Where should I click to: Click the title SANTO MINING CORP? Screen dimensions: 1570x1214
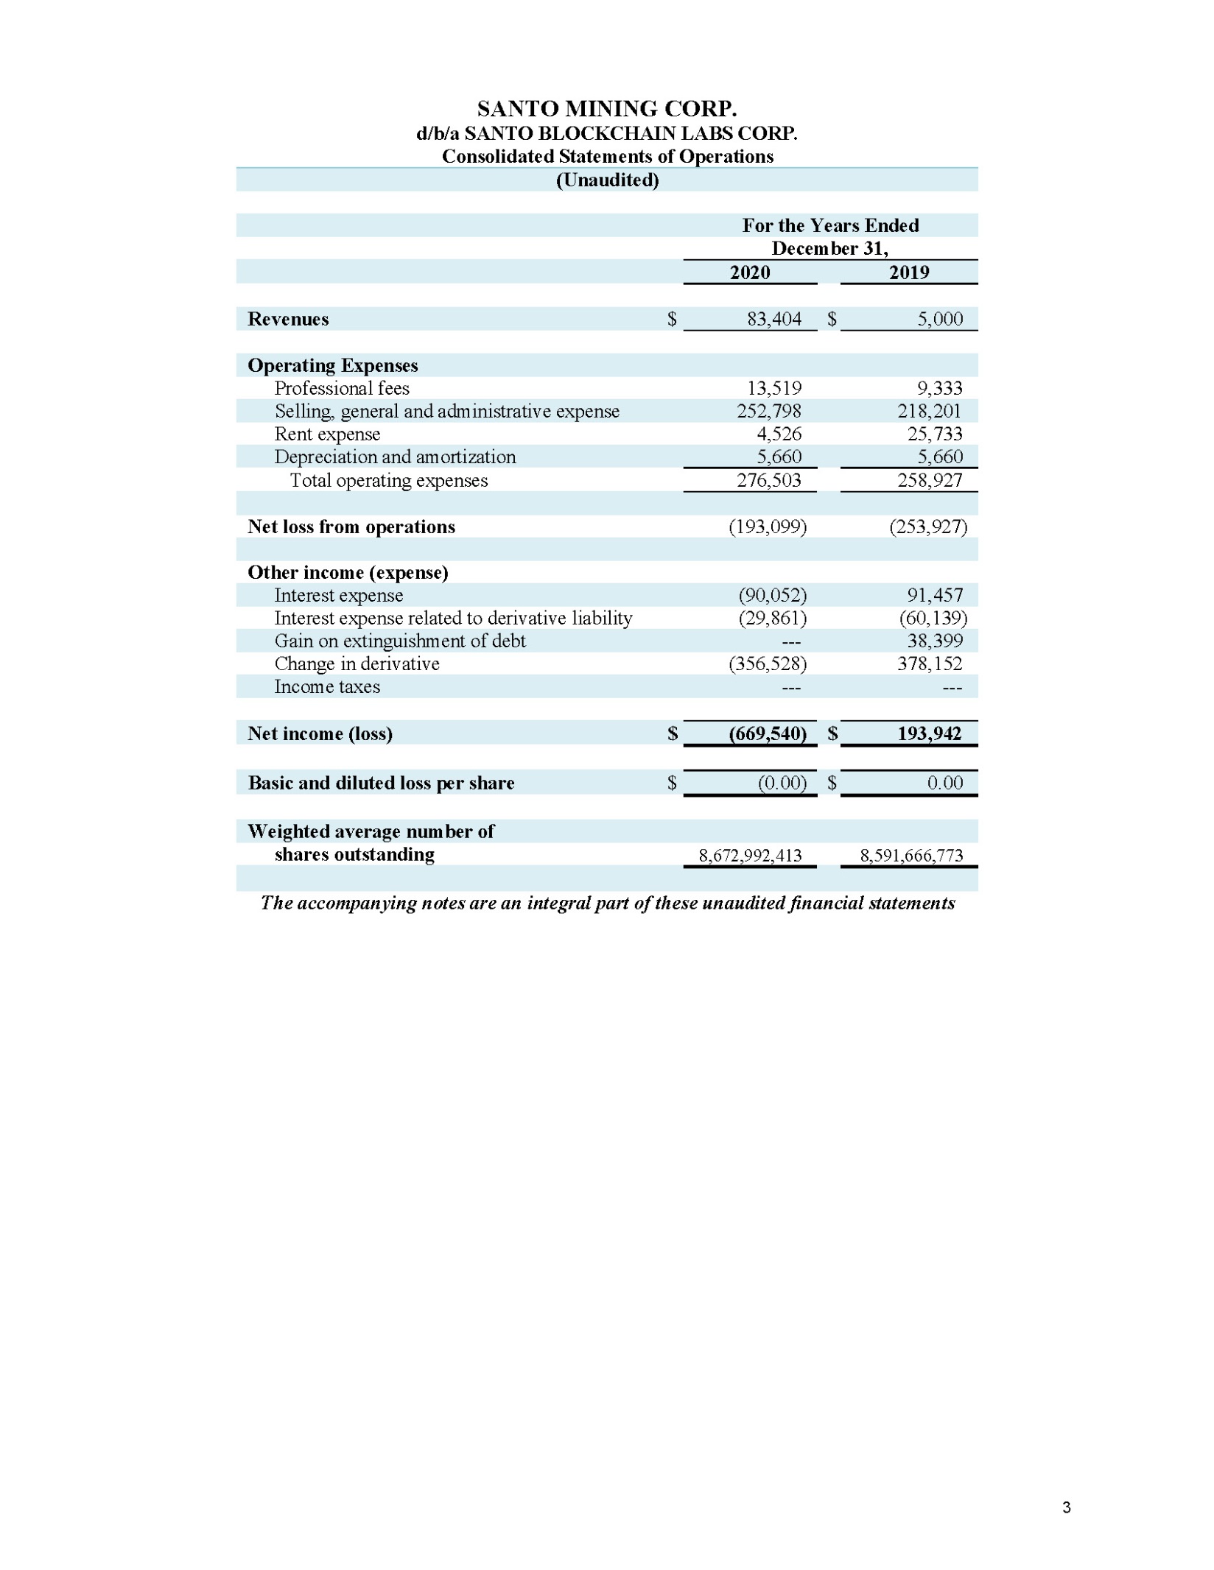[x=606, y=109]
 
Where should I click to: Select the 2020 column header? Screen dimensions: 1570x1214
[x=749, y=272]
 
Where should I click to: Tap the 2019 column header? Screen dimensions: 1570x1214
[x=908, y=272]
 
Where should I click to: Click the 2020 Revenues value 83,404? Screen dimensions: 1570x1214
[x=773, y=319]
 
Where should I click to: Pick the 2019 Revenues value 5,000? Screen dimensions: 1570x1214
[x=939, y=319]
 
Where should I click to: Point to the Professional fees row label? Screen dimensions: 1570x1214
[x=341, y=388]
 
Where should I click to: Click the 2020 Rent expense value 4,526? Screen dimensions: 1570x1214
[x=779, y=434]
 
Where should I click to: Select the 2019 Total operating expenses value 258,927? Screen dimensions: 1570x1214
[x=929, y=480]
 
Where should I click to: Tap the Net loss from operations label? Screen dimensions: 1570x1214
[x=351, y=527]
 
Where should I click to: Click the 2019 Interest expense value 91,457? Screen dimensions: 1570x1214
[x=934, y=595]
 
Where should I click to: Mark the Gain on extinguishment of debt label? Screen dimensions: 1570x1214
[x=400, y=641]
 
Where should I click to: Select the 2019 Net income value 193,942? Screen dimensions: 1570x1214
[x=929, y=733]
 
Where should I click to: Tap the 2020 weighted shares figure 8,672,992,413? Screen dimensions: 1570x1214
[x=750, y=855]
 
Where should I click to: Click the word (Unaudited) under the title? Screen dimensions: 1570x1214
[x=607, y=180]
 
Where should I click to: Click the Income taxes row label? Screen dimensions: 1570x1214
[x=327, y=686]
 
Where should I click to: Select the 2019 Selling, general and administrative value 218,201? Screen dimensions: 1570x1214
[x=929, y=411]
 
